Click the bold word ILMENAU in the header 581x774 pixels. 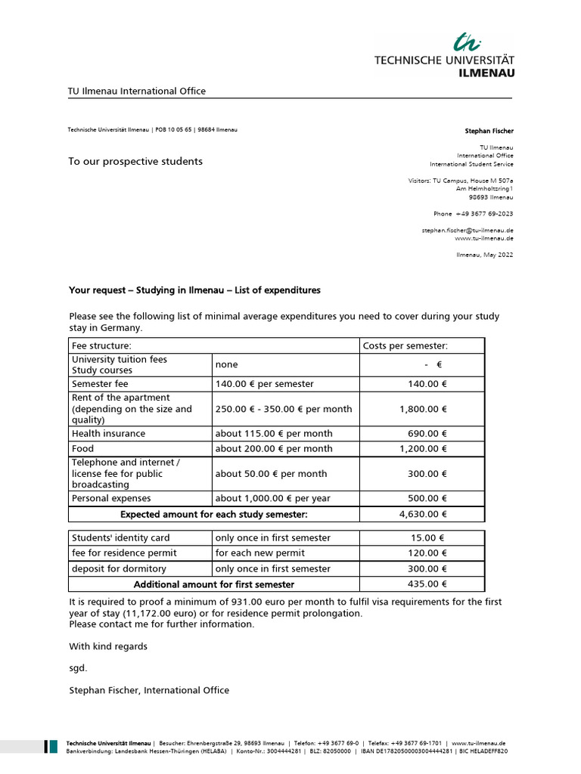(x=486, y=73)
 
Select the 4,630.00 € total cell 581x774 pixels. (x=423, y=515)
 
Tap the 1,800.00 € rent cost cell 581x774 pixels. (x=423, y=409)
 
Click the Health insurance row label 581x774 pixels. (x=108, y=434)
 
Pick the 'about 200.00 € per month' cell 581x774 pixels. (x=274, y=449)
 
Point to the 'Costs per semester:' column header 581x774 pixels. (x=405, y=346)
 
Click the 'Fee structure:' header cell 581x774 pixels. (x=101, y=346)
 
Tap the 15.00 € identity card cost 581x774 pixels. (x=430, y=538)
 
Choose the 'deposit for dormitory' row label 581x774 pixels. (x=119, y=569)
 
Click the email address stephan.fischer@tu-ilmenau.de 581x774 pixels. (x=468, y=230)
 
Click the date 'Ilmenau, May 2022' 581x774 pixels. (x=484, y=255)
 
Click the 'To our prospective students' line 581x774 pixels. (x=135, y=161)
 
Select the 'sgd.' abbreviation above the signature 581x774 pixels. (x=78, y=668)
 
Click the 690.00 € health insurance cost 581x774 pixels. (x=427, y=434)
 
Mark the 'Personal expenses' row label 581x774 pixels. (x=111, y=499)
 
